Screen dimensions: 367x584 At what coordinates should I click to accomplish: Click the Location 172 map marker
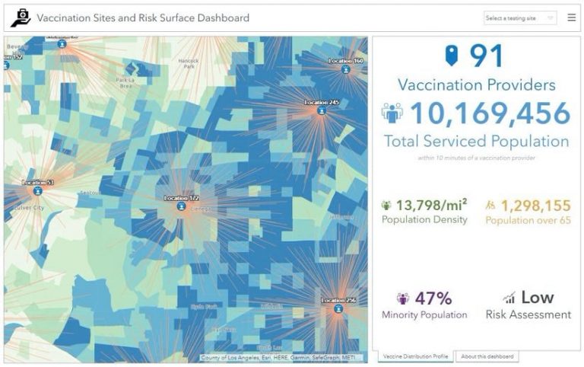[x=181, y=206]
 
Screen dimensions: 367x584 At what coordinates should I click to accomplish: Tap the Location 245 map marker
[x=321, y=110]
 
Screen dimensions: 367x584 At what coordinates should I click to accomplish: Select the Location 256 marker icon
[x=338, y=308]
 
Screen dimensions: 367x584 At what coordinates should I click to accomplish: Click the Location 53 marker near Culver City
[x=37, y=191]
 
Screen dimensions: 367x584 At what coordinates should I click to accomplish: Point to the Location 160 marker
[x=346, y=69]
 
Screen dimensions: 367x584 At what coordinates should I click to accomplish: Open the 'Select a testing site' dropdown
[x=520, y=18]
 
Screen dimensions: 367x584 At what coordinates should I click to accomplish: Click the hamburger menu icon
[x=571, y=18]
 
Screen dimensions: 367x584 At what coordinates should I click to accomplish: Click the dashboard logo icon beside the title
[x=20, y=18]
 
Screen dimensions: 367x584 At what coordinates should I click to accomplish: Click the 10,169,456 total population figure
[x=490, y=113]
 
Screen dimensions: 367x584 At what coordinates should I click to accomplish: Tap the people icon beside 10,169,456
[x=392, y=113]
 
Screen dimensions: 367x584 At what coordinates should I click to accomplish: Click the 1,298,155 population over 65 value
[x=535, y=205]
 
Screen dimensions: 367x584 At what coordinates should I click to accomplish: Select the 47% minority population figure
[x=433, y=298]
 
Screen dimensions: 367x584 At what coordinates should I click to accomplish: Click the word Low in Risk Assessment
[x=537, y=298]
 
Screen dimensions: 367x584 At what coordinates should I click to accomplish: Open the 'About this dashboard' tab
[x=487, y=356]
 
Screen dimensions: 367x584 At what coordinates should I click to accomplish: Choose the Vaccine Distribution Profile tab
[x=415, y=356]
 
